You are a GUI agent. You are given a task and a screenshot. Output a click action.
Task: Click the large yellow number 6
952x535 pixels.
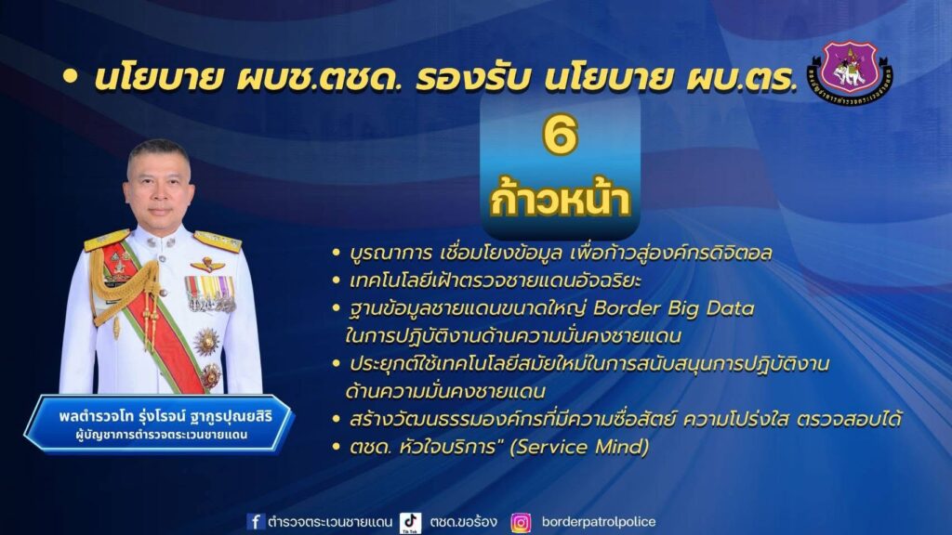(x=559, y=136)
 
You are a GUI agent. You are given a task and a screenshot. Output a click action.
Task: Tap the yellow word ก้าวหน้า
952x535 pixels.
(x=560, y=199)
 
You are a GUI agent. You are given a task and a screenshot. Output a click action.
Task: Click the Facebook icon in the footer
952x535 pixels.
(x=256, y=522)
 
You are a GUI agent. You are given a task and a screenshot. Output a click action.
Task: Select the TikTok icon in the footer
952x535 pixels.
(x=410, y=523)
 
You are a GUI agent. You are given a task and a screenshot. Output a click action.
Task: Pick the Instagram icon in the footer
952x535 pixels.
(x=521, y=522)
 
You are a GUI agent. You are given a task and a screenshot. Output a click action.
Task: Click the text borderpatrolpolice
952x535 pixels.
(x=599, y=522)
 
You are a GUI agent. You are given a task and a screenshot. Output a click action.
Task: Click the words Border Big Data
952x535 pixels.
(x=673, y=308)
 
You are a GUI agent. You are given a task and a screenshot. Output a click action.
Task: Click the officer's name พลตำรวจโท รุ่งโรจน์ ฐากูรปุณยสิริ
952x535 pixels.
(x=165, y=417)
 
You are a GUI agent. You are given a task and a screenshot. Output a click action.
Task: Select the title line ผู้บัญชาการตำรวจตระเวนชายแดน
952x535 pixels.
(x=162, y=436)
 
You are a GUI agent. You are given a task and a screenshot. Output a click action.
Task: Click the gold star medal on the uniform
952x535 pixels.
(x=206, y=342)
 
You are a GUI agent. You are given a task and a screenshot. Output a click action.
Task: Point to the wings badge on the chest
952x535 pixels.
(x=207, y=265)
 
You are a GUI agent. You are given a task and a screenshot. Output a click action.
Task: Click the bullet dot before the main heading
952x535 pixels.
(x=71, y=77)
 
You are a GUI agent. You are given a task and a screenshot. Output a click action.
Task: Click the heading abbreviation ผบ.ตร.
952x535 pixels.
(x=741, y=78)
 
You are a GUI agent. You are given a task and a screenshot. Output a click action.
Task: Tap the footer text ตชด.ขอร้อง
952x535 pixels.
(x=463, y=522)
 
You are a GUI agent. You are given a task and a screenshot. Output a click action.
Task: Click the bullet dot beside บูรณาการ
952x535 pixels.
(x=336, y=253)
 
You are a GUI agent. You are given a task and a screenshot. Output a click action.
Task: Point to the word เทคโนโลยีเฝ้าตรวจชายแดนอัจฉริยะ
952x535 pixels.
(x=496, y=281)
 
